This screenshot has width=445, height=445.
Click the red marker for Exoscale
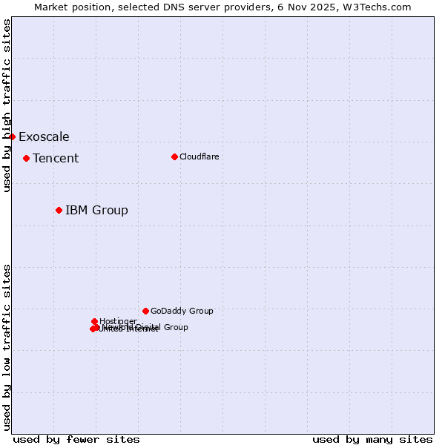click(x=12, y=136)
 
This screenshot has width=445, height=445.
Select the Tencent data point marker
click(x=26, y=158)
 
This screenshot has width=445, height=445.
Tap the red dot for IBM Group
click(x=59, y=210)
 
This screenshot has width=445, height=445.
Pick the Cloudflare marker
click(x=174, y=156)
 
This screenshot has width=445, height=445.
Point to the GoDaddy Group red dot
click(x=145, y=311)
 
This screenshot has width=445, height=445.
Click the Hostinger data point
click(x=94, y=321)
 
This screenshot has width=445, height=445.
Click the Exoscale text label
click(x=44, y=136)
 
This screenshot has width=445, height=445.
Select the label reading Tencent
click(x=56, y=158)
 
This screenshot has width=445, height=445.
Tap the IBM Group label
click(x=96, y=210)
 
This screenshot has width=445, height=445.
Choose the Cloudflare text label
click(x=199, y=156)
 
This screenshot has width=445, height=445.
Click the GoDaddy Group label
click(x=182, y=311)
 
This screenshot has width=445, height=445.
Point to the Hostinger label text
click(x=118, y=321)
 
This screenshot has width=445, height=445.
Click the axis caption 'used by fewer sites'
click(x=76, y=439)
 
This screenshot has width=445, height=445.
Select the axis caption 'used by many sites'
click(x=372, y=439)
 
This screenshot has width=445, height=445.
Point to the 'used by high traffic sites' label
click(x=7, y=105)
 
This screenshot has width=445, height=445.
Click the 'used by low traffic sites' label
click(x=7, y=346)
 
